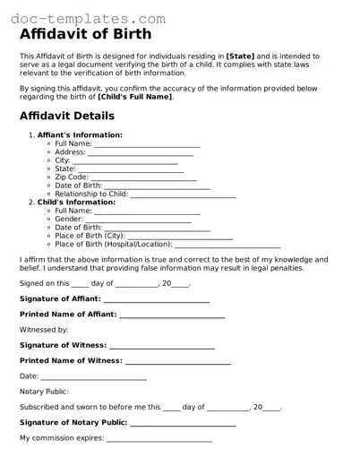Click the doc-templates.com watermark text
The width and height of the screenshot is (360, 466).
[x=85, y=17]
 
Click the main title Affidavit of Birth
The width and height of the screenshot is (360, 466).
[x=85, y=34]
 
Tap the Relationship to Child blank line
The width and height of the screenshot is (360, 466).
[x=184, y=194]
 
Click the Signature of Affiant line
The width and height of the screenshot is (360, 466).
[x=156, y=298]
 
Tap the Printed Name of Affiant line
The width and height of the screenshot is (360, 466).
[x=171, y=315]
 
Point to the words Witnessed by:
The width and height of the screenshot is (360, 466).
[x=44, y=330]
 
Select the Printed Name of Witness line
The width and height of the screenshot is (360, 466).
[x=177, y=361]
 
